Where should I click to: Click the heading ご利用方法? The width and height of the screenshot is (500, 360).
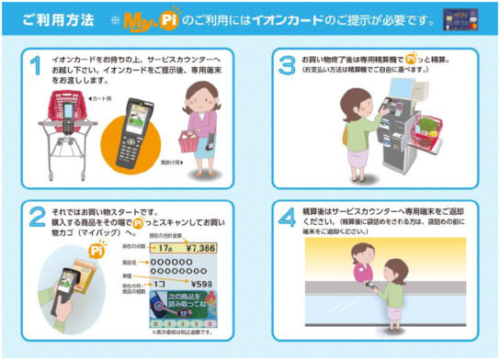tap(54, 18)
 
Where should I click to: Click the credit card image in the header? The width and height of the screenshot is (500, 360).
tap(470, 17)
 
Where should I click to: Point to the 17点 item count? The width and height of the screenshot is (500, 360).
tap(165, 249)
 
